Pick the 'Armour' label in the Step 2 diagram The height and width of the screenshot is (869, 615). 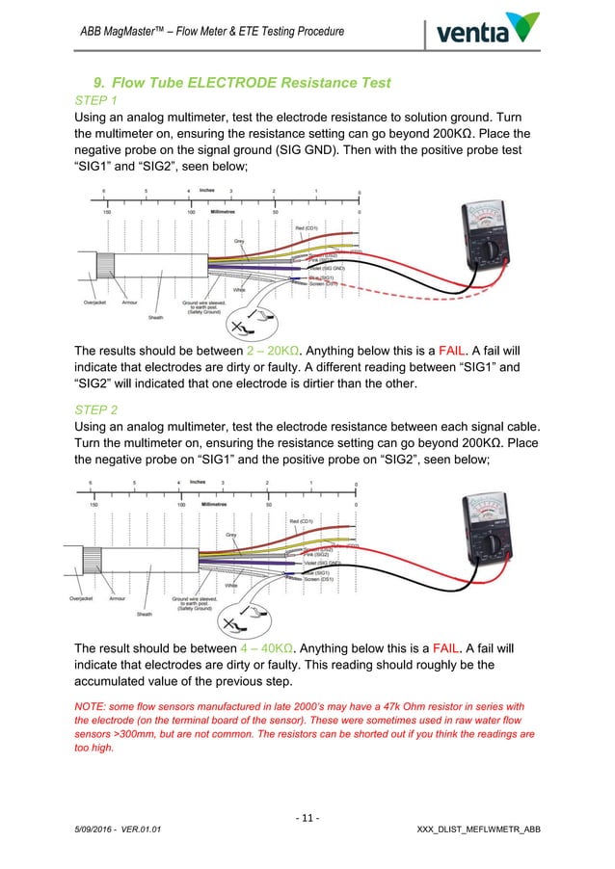(x=117, y=597)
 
